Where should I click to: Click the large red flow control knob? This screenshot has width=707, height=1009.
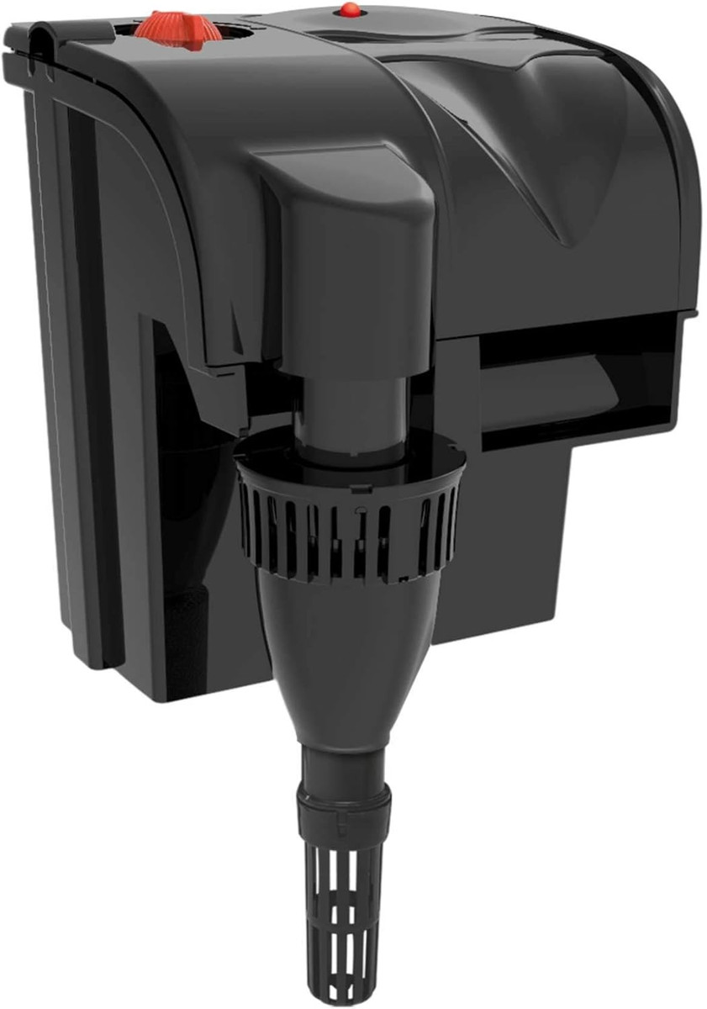[177, 26]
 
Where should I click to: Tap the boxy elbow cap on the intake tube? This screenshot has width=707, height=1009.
[345, 227]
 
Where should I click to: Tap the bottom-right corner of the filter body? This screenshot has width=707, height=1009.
[568, 635]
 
